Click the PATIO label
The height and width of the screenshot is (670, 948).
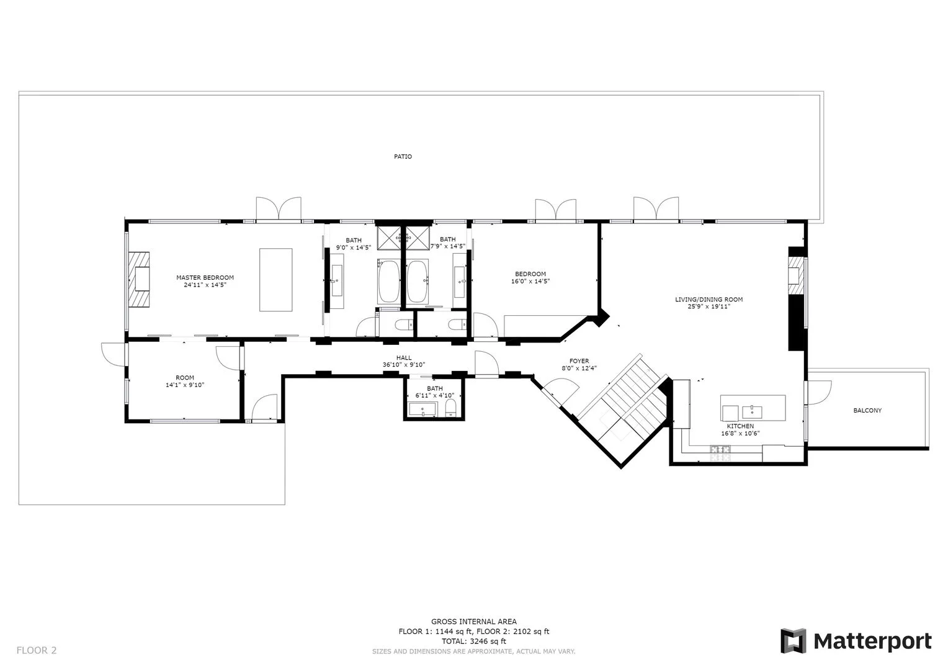click(x=403, y=157)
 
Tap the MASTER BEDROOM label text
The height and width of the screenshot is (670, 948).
click(x=205, y=277)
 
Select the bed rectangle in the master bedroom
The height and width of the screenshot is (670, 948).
click(x=275, y=280)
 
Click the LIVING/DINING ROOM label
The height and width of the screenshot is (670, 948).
click(x=709, y=300)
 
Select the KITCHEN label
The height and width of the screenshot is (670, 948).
click(x=740, y=426)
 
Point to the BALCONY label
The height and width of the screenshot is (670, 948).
click(x=867, y=411)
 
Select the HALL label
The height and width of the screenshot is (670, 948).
click(x=404, y=358)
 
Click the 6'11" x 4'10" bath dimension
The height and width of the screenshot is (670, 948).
click(x=434, y=395)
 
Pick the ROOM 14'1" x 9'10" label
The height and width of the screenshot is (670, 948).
click(x=185, y=382)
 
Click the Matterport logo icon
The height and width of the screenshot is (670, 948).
click(x=793, y=641)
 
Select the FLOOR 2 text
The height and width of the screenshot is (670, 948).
click(x=37, y=650)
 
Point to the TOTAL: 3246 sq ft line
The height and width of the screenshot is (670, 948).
click(x=473, y=641)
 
